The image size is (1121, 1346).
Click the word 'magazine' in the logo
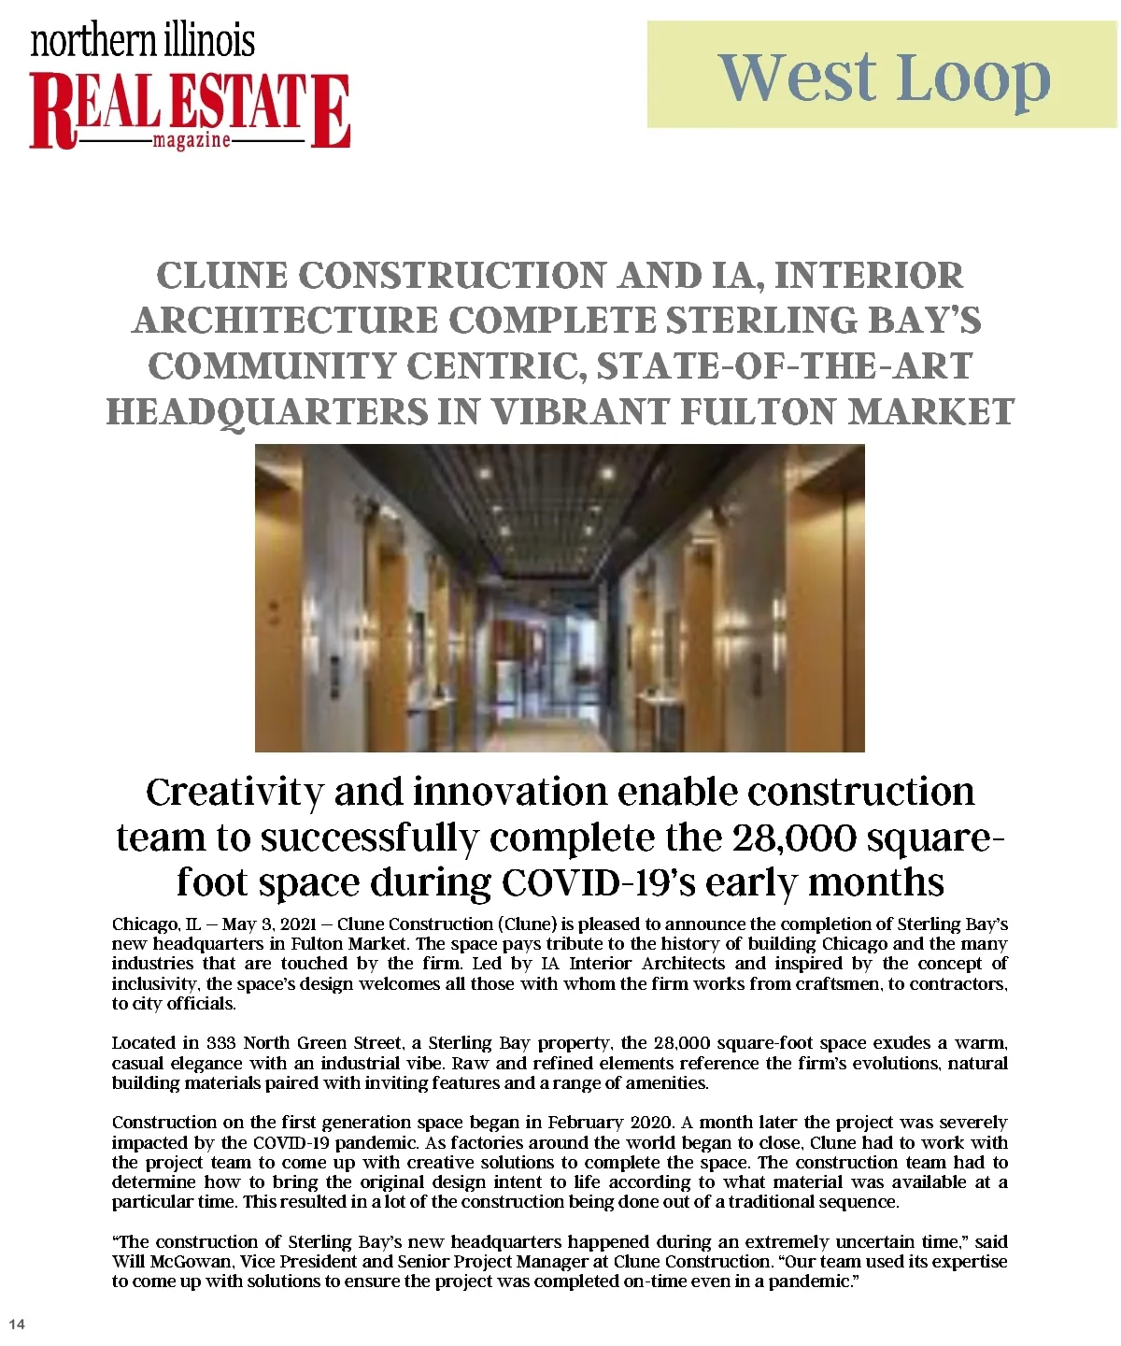[191, 141]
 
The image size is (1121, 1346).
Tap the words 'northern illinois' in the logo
[143, 40]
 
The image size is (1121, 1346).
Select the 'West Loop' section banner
[882, 76]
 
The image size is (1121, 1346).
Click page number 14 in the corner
[17, 1324]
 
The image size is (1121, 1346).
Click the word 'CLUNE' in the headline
[222, 276]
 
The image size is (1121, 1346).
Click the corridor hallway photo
[560, 598]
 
